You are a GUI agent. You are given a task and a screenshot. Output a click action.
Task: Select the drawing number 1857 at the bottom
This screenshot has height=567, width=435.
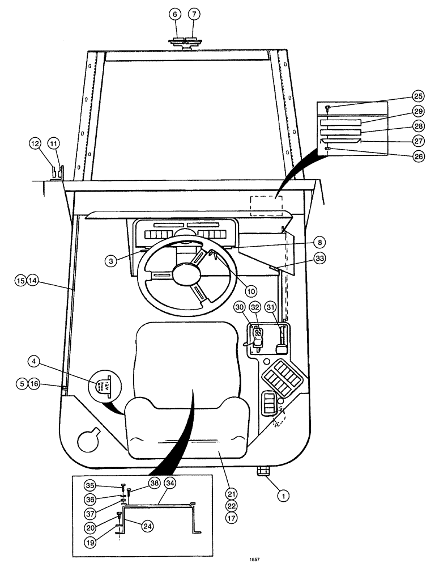click(x=254, y=560)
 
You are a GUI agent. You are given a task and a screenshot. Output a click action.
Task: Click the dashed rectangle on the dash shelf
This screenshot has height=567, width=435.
click(x=266, y=206)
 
